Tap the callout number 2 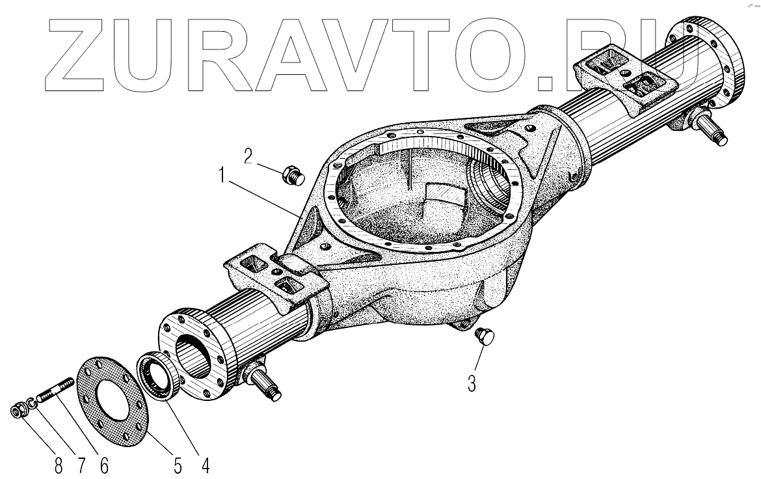[248, 156]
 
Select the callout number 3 [472, 383]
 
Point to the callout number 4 [205, 466]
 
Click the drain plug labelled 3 [485, 336]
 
